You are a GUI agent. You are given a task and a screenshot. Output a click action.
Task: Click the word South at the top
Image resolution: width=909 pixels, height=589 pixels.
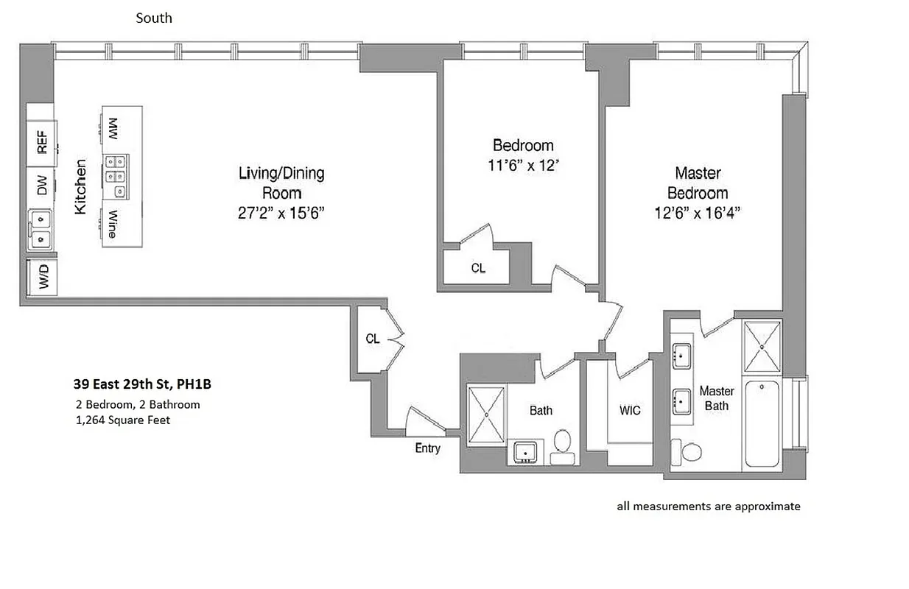click(154, 18)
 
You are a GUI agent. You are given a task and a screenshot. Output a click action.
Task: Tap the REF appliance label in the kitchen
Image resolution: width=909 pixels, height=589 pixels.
click(42, 142)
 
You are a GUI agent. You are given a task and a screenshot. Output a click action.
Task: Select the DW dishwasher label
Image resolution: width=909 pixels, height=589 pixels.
click(42, 188)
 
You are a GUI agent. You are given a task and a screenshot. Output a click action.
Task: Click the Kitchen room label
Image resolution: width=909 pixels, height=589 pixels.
click(80, 187)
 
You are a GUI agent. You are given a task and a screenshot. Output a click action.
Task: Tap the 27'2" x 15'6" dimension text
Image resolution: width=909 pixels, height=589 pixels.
click(281, 213)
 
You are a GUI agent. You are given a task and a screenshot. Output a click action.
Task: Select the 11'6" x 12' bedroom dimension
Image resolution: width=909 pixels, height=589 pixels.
click(522, 166)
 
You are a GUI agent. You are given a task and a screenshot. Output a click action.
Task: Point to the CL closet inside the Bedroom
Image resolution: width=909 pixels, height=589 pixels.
click(478, 269)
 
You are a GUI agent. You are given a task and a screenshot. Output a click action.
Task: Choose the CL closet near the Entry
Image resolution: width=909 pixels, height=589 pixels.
click(373, 339)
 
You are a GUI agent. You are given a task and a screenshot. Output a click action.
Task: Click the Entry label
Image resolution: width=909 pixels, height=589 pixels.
click(427, 448)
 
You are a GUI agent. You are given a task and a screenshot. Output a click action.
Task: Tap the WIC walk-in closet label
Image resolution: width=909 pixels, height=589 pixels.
click(630, 411)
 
